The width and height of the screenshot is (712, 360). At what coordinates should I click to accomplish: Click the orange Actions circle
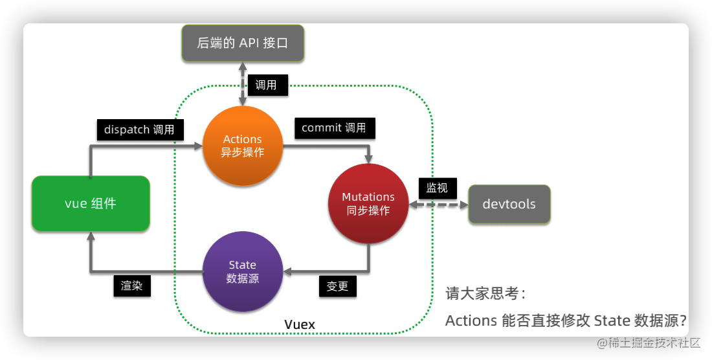[243, 146]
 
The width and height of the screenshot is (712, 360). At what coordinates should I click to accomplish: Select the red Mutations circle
[368, 203]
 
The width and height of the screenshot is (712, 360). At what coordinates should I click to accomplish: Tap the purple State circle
[243, 271]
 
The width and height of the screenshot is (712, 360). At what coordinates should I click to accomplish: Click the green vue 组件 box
[91, 203]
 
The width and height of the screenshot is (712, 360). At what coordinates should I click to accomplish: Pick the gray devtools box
[509, 204]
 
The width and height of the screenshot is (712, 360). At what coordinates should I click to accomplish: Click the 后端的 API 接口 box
[243, 43]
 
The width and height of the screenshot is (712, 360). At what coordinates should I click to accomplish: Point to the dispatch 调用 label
[139, 129]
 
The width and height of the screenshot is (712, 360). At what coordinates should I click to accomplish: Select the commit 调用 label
[334, 128]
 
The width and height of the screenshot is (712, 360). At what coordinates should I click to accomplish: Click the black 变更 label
[337, 286]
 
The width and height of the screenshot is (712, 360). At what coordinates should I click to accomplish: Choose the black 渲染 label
[132, 286]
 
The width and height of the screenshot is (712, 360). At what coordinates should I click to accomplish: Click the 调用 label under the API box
[266, 85]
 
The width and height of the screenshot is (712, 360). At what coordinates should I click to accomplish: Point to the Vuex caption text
[300, 324]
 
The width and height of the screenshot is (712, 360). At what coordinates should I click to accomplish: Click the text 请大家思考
[485, 293]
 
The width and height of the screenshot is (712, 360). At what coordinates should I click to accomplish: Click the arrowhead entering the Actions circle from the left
[197, 146]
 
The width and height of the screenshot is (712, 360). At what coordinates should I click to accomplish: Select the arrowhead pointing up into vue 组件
[91, 237]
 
